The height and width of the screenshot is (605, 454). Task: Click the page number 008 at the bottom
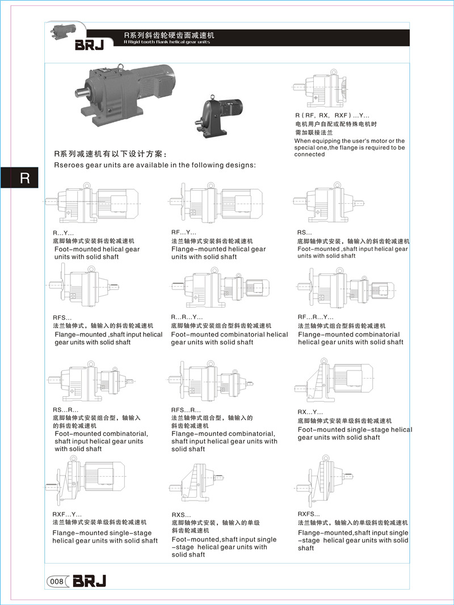tap(56, 581)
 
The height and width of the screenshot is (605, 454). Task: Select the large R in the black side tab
tap(24, 178)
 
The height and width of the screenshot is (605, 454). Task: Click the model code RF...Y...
tap(183, 233)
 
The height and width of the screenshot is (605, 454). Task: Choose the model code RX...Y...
tap(310, 412)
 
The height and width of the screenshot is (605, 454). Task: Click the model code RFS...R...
tap(186, 410)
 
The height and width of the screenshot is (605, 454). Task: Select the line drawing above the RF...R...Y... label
tap(347, 288)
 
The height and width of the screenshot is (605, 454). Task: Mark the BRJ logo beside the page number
tap(89, 581)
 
